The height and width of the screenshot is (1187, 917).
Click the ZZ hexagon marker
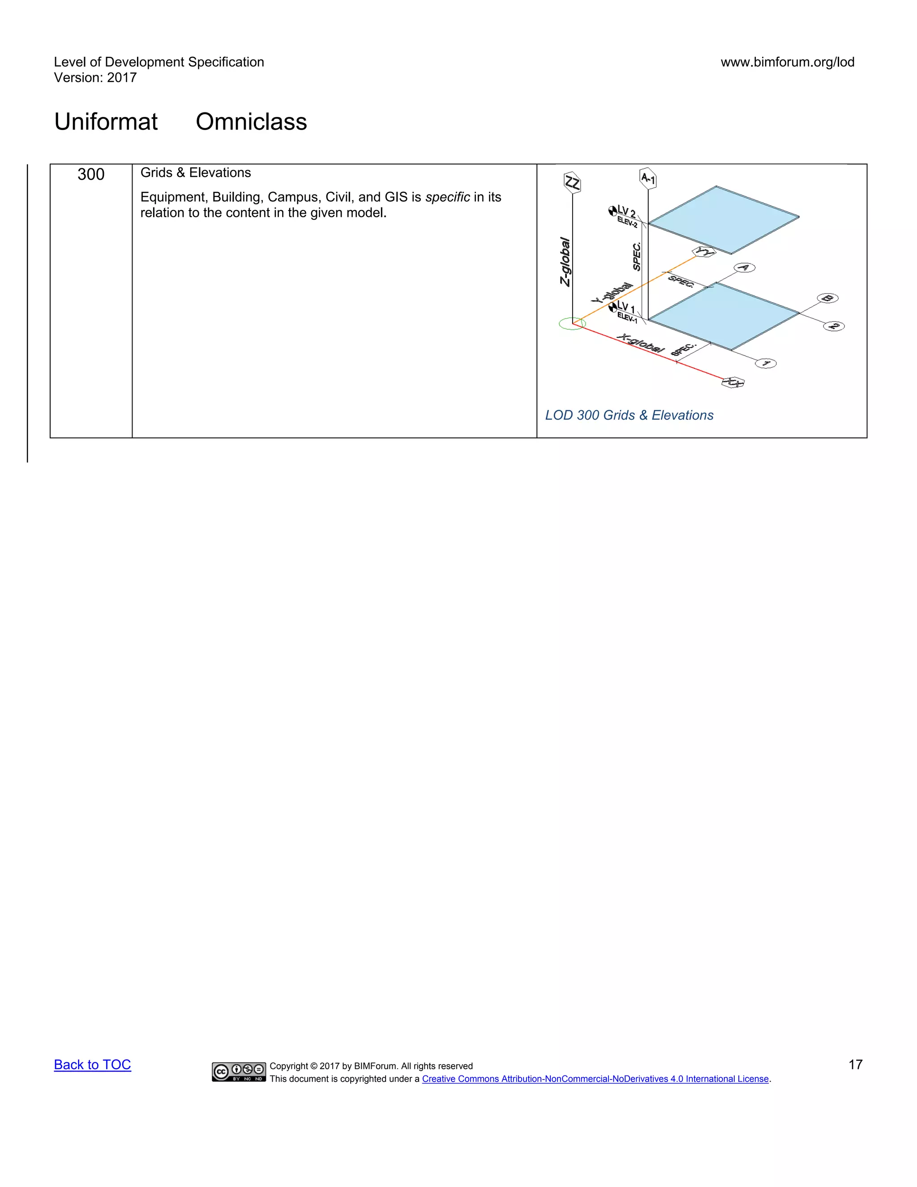572,183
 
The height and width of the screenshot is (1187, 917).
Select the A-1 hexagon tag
648,178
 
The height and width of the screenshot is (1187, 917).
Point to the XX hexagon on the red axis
733,383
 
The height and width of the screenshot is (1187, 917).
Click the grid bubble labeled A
744,267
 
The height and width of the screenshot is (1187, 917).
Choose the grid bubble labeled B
827,298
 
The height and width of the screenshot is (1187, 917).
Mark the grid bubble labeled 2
834,326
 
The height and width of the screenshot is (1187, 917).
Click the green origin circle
572,324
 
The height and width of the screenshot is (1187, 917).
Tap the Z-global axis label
565,262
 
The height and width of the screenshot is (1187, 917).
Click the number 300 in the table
91,174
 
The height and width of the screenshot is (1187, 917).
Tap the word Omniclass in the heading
251,122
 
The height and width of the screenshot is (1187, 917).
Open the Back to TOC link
92,1065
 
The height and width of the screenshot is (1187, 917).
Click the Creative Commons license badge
239,1072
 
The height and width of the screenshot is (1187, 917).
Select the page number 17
855,1065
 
